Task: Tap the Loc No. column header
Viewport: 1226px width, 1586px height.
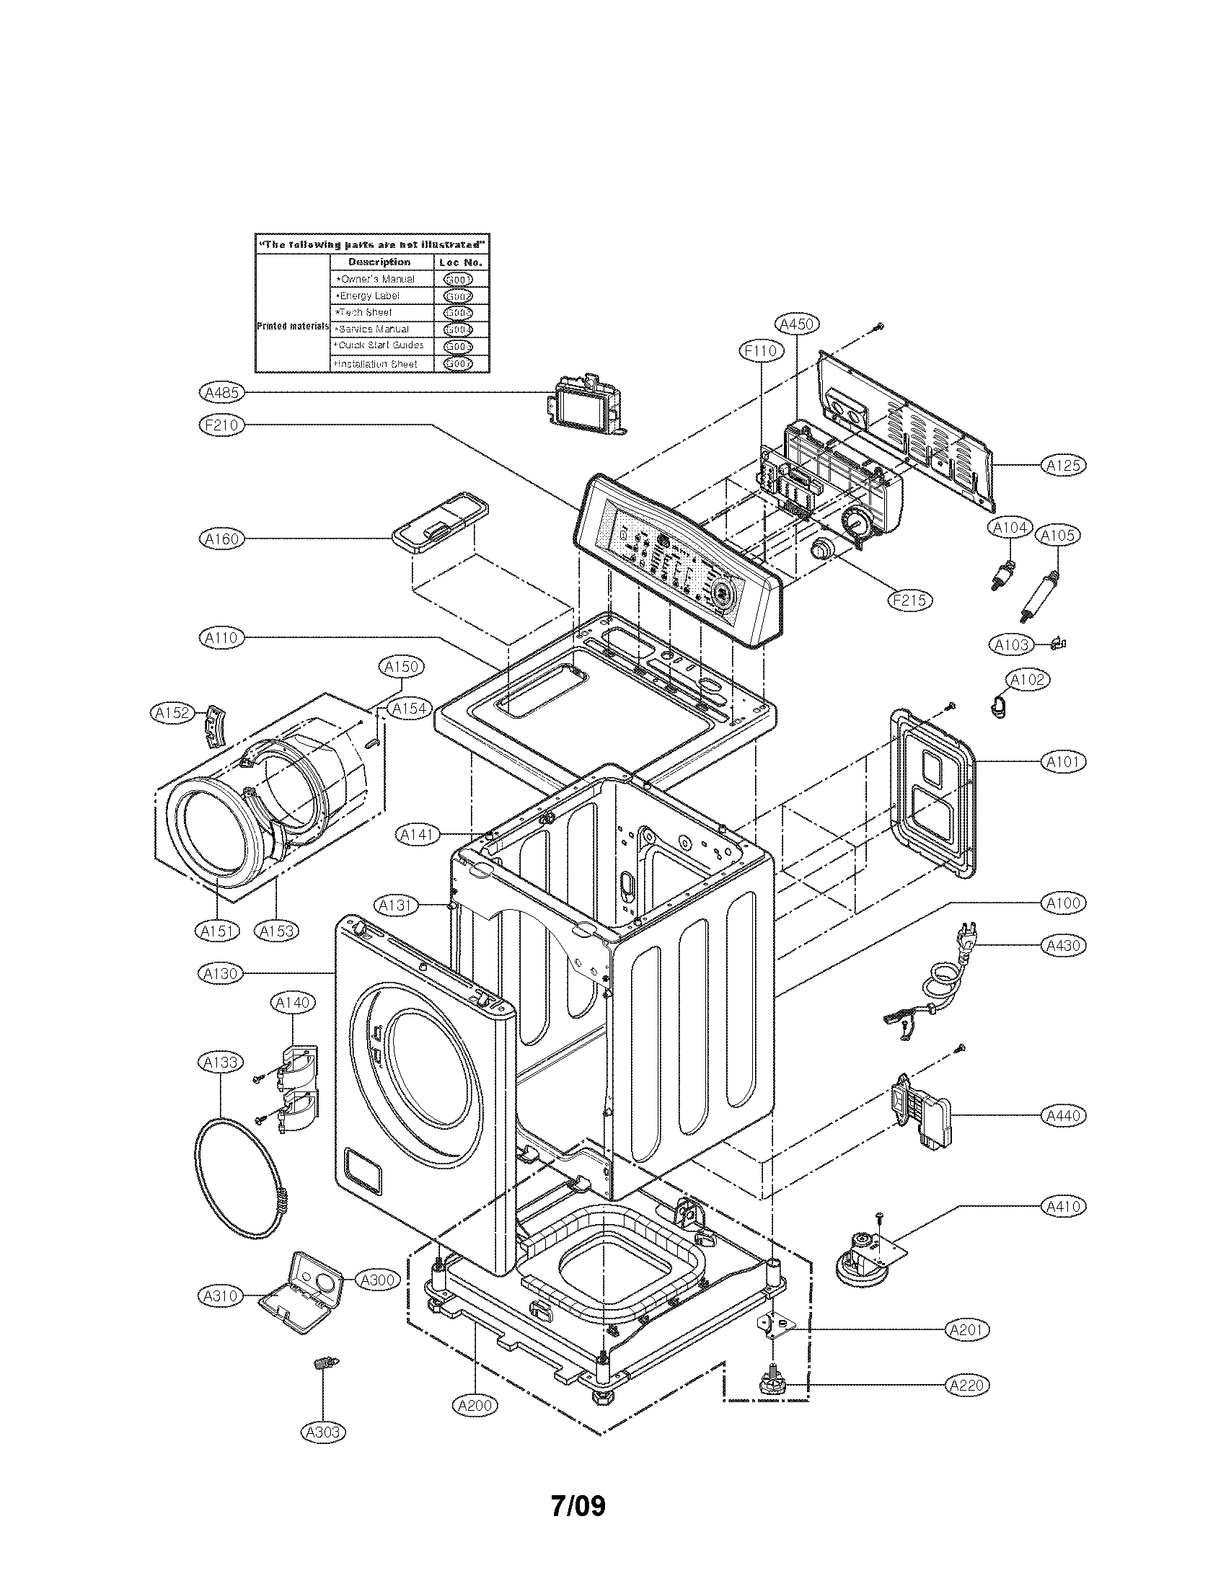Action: (x=462, y=262)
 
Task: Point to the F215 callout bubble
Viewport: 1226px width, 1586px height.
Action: (x=910, y=600)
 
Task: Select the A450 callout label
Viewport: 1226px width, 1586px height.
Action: (x=797, y=324)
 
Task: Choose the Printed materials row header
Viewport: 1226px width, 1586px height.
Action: (x=293, y=326)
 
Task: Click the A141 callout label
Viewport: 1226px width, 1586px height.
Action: (x=418, y=834)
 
